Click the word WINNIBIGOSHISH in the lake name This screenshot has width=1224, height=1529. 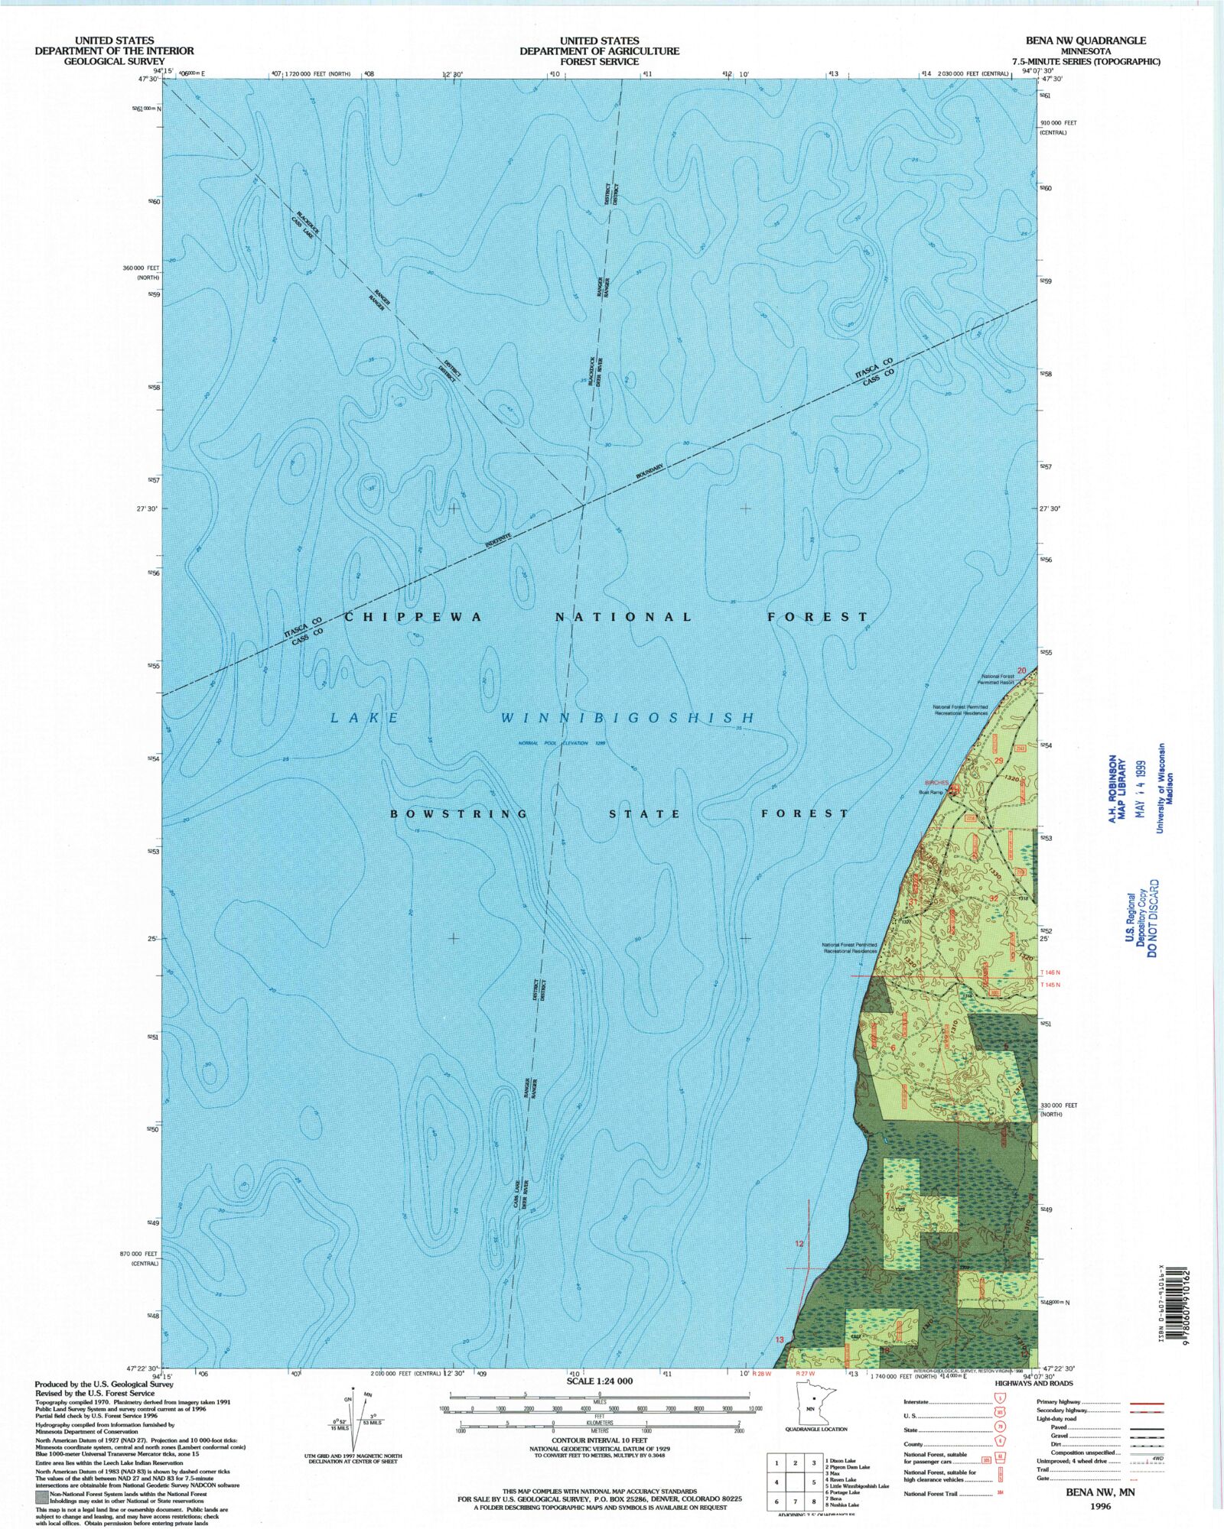click(628, 718)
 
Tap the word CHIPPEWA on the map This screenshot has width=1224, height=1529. click(413, 617)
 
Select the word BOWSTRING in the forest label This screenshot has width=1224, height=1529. click(459, 814)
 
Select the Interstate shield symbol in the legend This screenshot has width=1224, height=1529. click(999, 1402)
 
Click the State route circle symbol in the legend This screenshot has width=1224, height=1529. click(999, 1430)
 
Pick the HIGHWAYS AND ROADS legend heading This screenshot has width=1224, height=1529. click(1034, 1384)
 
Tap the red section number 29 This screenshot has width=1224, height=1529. click(998, 761)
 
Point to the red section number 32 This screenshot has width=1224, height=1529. click(994, 898)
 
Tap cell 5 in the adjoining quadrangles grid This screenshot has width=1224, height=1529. click(814, 1481)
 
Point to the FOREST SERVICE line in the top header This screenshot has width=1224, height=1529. click(599, 61)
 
